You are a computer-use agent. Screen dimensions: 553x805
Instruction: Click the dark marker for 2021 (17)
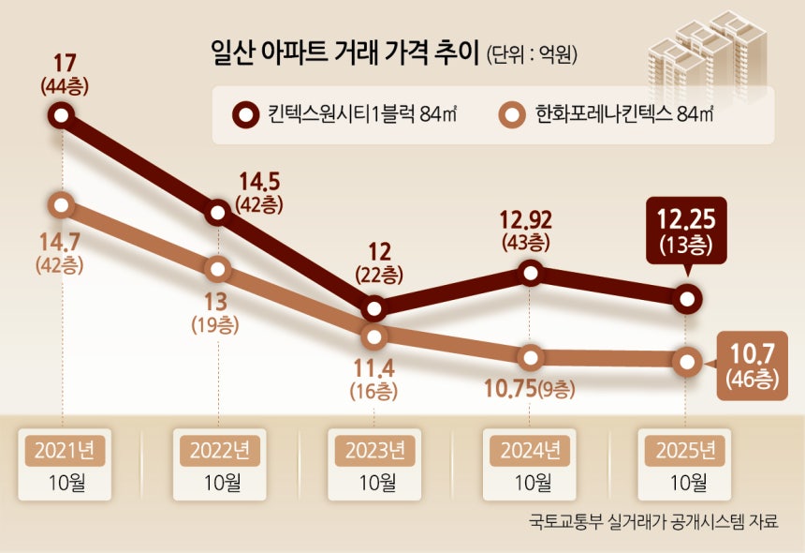pos(62,115)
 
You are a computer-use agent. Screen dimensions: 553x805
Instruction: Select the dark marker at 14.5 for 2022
pos(218,213)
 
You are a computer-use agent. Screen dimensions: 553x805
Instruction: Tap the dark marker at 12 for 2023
pos(374,307)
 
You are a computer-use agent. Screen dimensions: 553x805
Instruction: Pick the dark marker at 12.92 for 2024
pos(531,273)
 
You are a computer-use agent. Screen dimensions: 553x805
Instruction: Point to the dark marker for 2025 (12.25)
pos(687,299)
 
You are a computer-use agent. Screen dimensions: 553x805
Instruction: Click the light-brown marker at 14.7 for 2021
pos(62,203)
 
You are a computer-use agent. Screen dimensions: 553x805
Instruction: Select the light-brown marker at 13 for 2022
pos(218,269)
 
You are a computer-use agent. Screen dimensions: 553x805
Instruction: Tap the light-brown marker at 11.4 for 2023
pos(374,336)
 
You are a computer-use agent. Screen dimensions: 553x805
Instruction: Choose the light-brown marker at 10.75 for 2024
pos(531,357)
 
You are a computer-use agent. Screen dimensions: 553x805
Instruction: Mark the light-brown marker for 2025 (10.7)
pos(687,361)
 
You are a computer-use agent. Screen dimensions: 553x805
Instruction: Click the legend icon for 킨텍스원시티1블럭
pos(244,115)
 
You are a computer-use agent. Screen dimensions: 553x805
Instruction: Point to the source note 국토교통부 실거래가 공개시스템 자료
pos(652,521)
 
